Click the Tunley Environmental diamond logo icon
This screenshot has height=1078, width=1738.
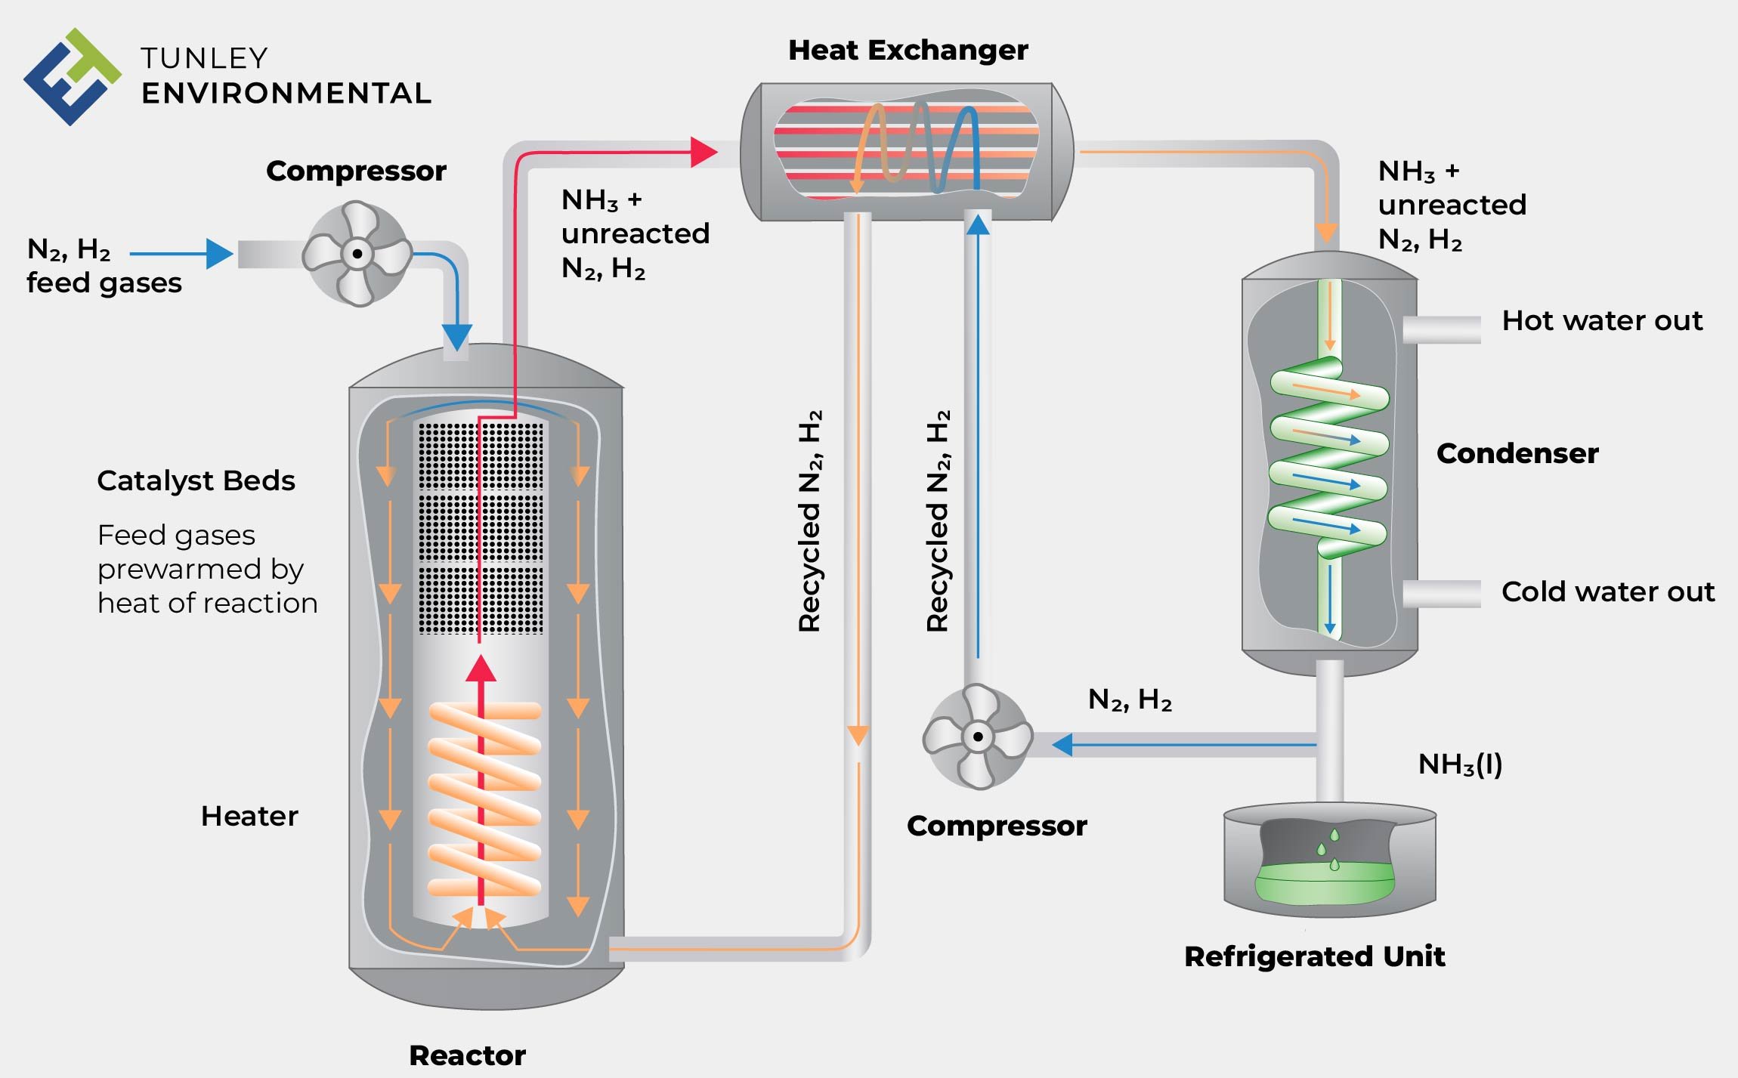[72, 77]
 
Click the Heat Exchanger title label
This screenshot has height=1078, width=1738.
[908, 51]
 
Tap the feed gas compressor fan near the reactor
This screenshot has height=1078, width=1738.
[357, 254]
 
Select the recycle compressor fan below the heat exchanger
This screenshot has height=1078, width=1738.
[978, 737]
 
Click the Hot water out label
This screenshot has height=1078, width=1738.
[1602, 321]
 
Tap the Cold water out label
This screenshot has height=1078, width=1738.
[1607, 592]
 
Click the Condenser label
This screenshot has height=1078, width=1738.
[1517, 453]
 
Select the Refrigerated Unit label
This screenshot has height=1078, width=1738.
[1314, 956]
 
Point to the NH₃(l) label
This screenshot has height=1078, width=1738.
[1459, 764]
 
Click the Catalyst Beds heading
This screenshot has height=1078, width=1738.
[196, 481]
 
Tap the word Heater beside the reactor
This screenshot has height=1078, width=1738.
[249, 817]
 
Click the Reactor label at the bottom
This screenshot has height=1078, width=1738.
[467, 1055]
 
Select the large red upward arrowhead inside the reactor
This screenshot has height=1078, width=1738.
[481, 669]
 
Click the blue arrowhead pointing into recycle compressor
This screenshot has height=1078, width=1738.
[1062, 745]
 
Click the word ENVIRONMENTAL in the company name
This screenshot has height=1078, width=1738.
[286, 94]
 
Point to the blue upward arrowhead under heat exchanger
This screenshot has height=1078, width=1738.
[978, 224]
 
